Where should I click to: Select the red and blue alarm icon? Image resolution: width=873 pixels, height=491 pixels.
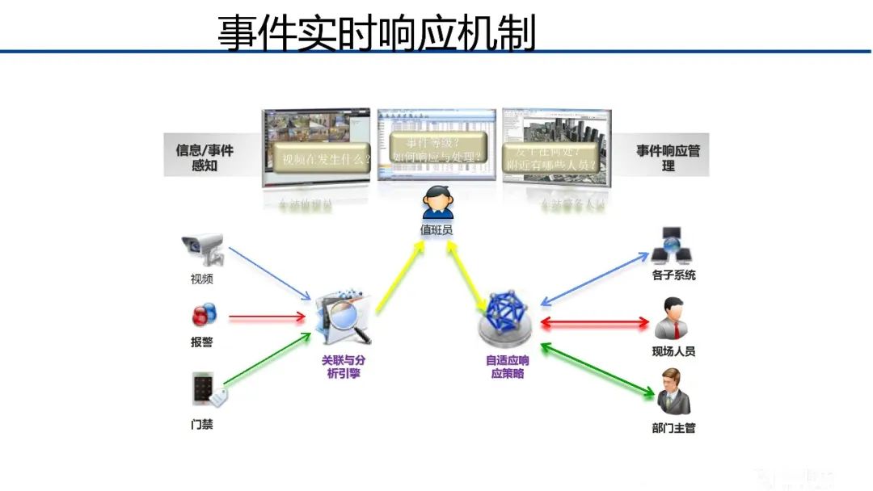(203, 315)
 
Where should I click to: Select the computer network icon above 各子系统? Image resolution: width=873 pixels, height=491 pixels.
(673, 245)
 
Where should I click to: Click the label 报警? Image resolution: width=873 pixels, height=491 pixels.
(202, 342)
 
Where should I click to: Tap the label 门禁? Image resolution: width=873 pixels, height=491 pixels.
(202, 424)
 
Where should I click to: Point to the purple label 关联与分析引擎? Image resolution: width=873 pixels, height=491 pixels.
(348, 367)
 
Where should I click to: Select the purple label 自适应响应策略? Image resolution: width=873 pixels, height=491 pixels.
(508, 367)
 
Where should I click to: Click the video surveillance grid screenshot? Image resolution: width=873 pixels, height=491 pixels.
(318, 149)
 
